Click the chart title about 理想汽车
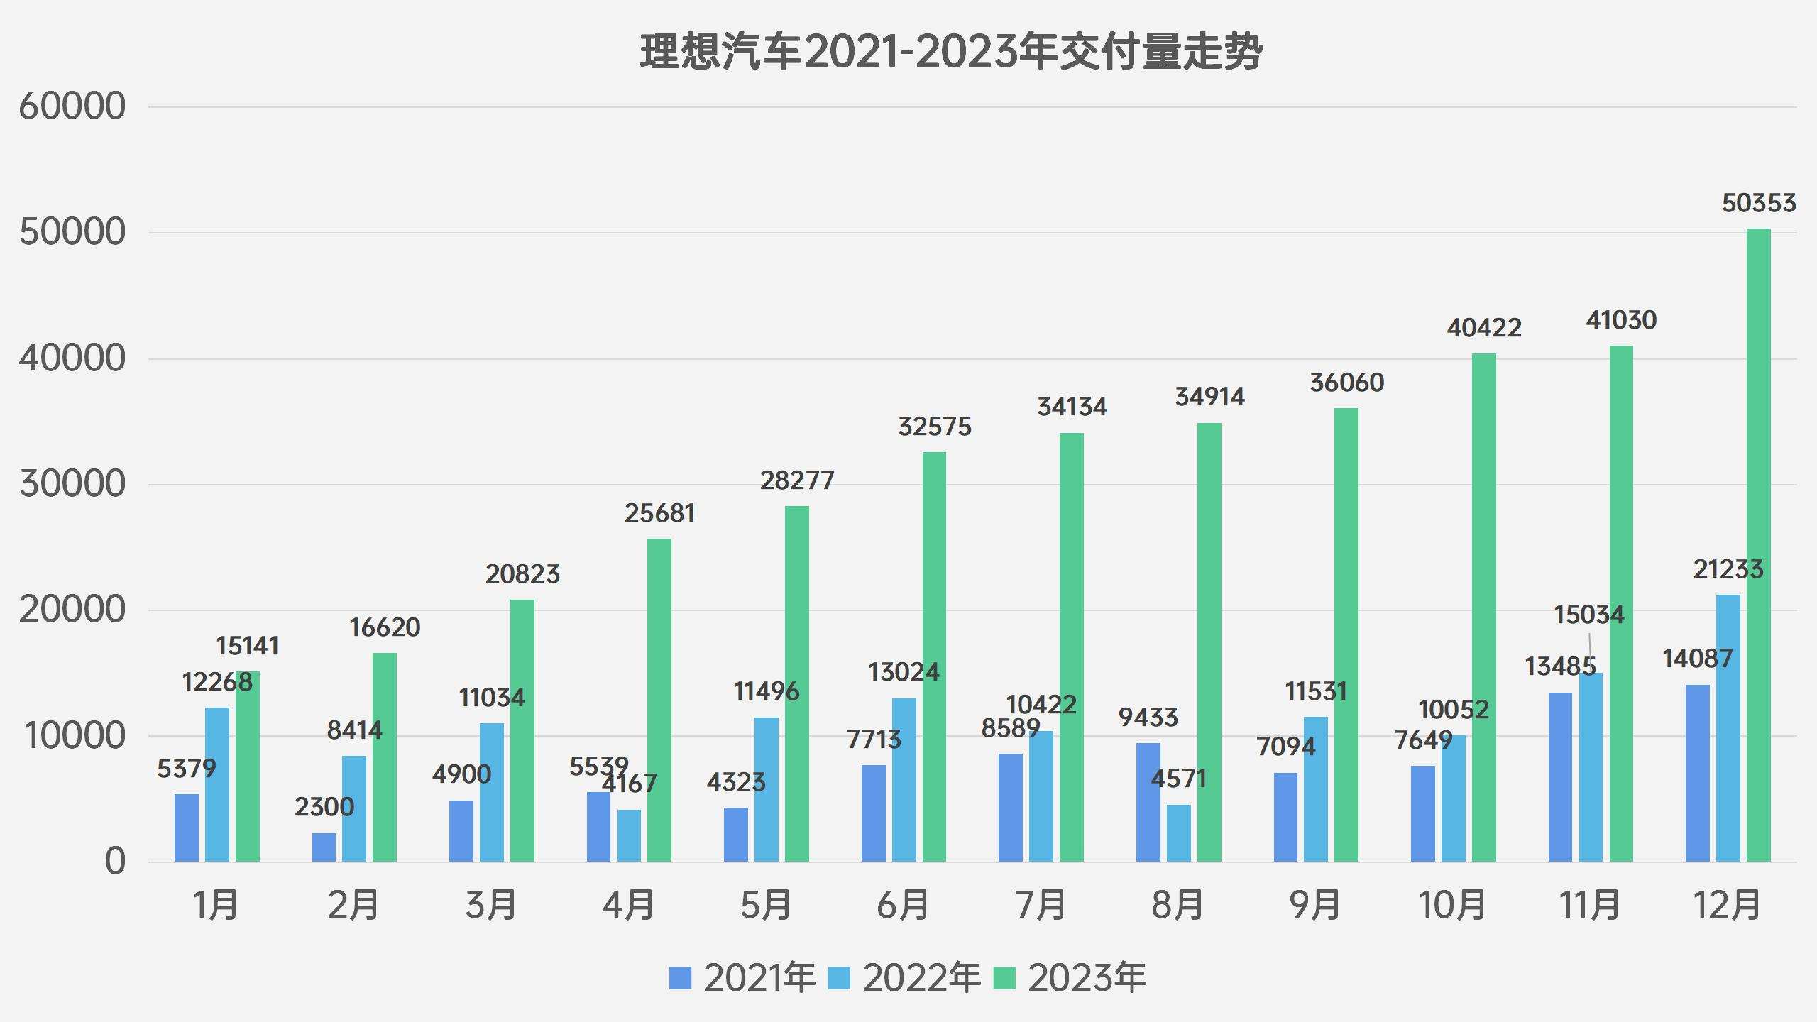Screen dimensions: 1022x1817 951,52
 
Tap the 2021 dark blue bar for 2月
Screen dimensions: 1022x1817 324,847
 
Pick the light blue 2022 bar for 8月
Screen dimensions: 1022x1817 1179,833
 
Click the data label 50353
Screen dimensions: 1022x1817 1758,204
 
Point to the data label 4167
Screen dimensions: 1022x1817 630,784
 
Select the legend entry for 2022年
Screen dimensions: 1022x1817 905,978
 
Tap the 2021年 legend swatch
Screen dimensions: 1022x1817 680,978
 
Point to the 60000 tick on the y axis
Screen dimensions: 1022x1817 72,106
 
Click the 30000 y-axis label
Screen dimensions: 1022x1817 72,484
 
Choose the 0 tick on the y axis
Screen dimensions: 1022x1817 115,862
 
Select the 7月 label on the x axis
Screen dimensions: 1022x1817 1041,905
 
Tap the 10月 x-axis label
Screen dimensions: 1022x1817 1452,905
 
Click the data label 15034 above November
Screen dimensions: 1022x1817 1588,615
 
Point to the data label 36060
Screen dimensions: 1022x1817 1346,383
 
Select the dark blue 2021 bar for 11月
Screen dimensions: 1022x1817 1560,777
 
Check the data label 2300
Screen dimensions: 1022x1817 324,807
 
